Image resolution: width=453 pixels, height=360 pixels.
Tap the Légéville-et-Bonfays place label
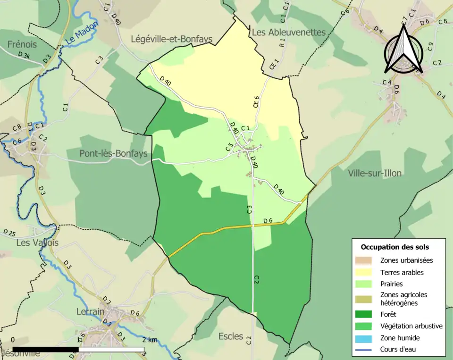click(x=171, y=40)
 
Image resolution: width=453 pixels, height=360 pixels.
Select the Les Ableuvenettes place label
click(x=289, y=32)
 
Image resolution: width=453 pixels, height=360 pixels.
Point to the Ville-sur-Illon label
click(x=375, y=173)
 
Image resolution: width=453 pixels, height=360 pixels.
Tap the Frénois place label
click(x=22, y=45)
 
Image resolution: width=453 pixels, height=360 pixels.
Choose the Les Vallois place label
click(x=37, y=243)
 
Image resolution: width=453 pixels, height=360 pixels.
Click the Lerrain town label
click(x=91, y=311)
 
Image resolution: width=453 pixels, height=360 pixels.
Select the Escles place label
click(x=231, y=336)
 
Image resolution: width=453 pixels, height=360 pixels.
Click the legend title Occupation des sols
click(x=395, y=247)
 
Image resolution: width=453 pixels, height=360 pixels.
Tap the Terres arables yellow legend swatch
click(x=364, y=272)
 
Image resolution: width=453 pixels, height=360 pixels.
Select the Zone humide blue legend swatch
click(x=364, y=338)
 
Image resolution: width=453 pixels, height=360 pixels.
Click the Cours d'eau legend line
click(x=364, y=350)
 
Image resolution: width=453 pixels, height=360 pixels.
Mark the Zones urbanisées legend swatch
click(x=364, y=260)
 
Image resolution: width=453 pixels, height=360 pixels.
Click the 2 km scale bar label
click(x=150, y=340)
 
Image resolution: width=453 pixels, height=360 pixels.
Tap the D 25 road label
click(x=9, y=232)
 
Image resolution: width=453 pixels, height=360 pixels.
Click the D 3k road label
click(x=24, y=55)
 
